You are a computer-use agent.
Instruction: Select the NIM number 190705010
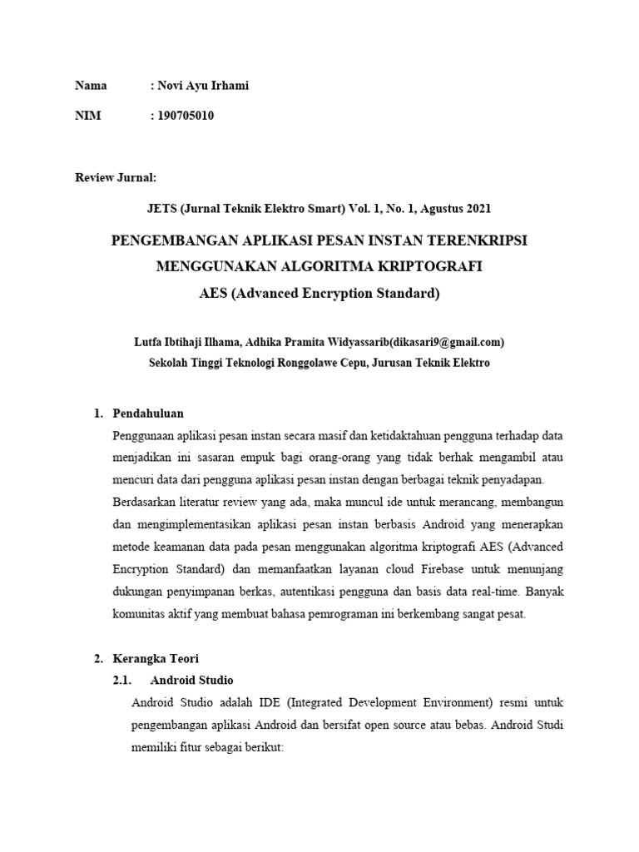click(x=185, y=116)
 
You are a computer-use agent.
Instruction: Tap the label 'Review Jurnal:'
click(x=116, y=177)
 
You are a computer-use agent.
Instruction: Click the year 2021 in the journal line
click(x=487, y=208)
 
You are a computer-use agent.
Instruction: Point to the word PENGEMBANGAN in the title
click(x=164, y=240)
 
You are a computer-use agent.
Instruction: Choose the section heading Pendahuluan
click(x=147, y=414)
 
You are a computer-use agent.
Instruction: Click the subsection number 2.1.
click(x=122, y=680)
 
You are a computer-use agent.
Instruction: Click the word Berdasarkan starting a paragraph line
click(x=143, y=502)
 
